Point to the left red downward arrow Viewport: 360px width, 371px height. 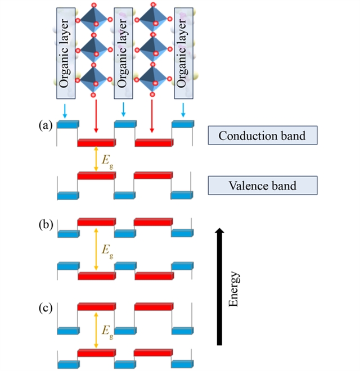click(x=96, y=115)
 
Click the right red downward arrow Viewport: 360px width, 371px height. click(x=152, y=115)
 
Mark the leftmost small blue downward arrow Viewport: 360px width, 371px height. click(x=65, y=111)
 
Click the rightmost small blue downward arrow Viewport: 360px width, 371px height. click(x=183, y=111)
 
